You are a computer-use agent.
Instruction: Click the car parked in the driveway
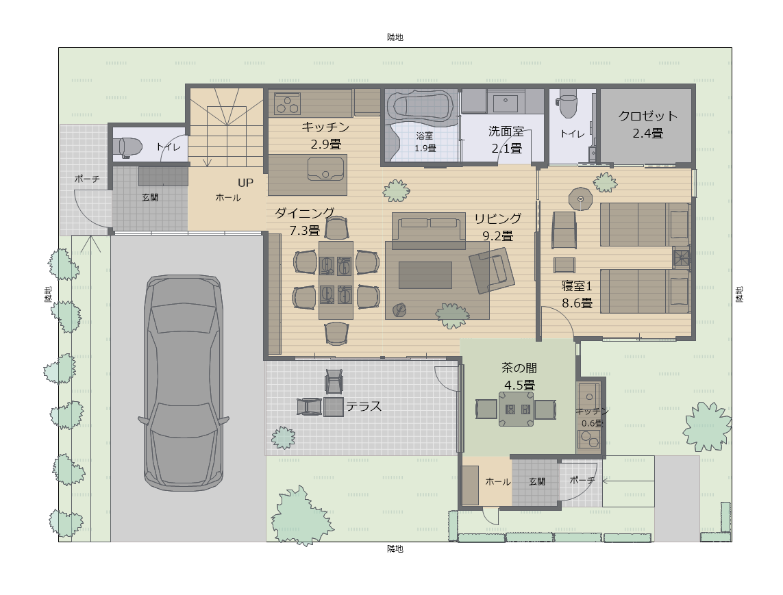(184, 383)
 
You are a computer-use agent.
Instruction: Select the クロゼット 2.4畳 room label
(647, 125)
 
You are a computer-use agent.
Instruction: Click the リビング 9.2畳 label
(497, 227)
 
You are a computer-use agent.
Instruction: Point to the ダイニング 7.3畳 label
(305, 221)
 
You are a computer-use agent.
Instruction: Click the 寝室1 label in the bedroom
(577, 286)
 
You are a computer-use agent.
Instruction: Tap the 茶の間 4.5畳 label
(519, 377)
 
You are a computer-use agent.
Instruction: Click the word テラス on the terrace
(364, 407)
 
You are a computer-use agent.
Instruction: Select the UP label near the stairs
(246, 183)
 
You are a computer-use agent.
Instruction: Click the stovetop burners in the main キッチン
(288, 105)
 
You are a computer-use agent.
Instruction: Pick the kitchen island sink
(325, 168)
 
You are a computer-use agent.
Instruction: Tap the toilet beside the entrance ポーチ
(129, 147)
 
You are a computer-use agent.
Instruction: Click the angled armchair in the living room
(492, 270)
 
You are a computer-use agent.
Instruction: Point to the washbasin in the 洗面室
(506, 103)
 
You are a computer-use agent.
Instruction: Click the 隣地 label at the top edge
(395, 38)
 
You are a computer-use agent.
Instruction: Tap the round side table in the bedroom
(580, 199)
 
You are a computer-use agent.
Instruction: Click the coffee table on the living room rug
(425, 275)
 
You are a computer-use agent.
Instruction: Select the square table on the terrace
(334, 407)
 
